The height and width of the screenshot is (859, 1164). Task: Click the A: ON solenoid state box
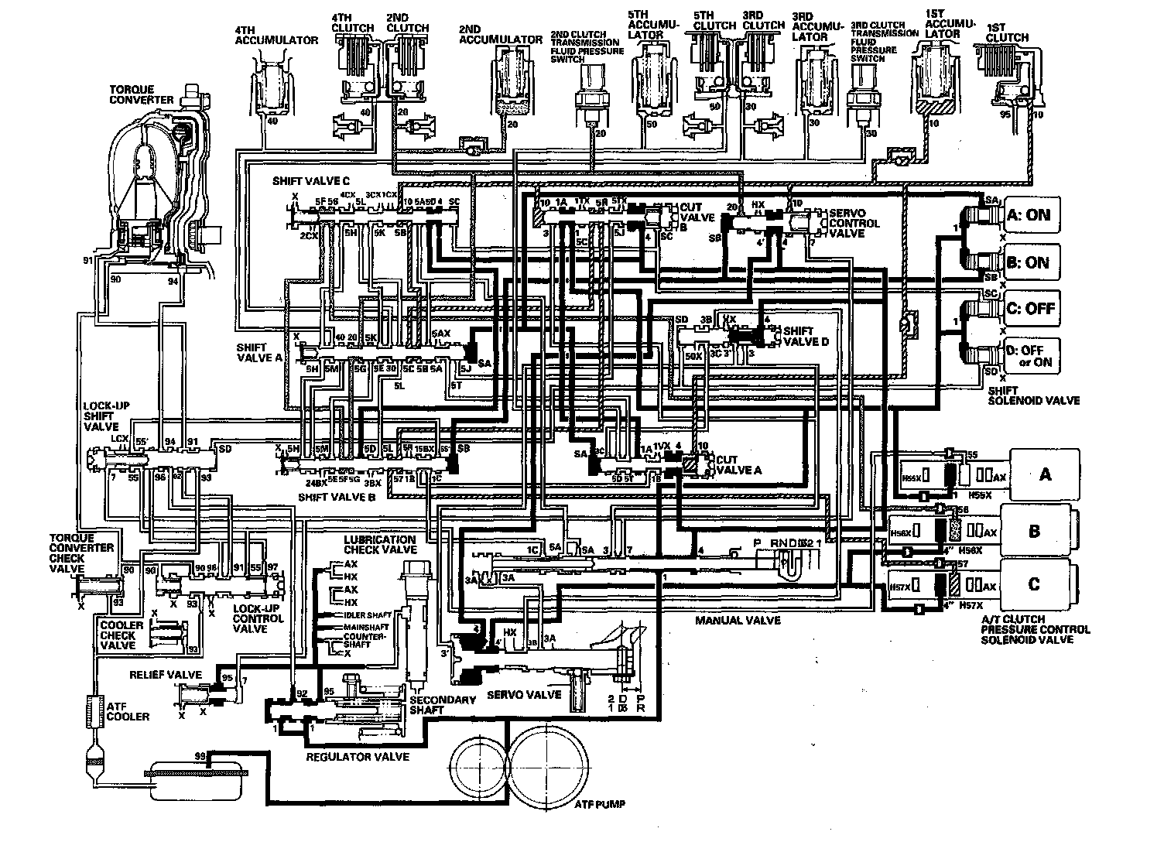[1028, 215]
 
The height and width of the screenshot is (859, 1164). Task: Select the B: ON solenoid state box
[1028, 262]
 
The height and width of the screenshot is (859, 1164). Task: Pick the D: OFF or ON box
[1028, 355]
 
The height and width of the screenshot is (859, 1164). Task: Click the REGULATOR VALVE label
[358, 756]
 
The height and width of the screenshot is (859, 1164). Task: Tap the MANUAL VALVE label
[737, 620]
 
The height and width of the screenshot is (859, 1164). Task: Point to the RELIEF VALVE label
[166, 675]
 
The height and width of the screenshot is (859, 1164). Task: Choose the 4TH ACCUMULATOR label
[276, 35]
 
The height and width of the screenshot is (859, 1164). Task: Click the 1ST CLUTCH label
[1008, 32]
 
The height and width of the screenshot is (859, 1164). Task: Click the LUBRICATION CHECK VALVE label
[380, 545]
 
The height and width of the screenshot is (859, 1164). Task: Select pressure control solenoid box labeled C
[1034, 584]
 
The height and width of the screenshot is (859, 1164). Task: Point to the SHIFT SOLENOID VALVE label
[1032, 395]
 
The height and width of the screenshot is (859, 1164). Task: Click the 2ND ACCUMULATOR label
[500, 35]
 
